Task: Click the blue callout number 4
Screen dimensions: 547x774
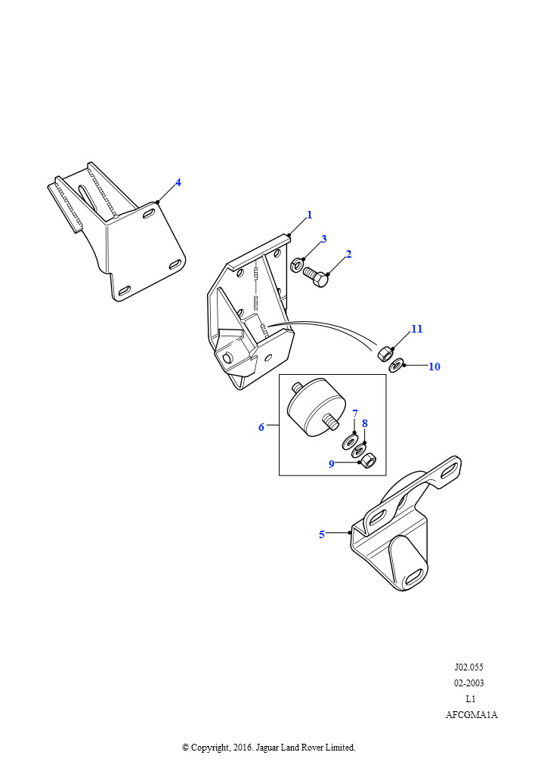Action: [178, 182]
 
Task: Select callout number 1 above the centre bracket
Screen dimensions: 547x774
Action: [309, 215]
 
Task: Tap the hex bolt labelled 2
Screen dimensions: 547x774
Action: [316, 274]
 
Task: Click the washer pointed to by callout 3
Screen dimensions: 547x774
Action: [297, 265]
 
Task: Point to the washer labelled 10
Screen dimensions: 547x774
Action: [395, 367]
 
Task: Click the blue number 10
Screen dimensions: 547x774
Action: [434, 367]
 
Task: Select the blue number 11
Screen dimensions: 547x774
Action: [417, 330]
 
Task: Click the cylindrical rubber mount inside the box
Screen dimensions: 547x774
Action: [314, 407]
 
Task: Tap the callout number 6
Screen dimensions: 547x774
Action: [261, 427]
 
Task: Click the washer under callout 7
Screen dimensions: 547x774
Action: [351, 441]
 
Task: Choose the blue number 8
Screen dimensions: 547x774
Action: [365, 423]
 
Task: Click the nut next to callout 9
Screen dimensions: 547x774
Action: [369, 461]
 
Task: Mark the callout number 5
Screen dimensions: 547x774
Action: [322, 534]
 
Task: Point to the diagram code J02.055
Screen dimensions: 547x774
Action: [468, 667]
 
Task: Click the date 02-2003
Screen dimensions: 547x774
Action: [468, 683]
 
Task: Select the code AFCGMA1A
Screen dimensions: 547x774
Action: [471, 715]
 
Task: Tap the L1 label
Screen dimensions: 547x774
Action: [471, 699]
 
